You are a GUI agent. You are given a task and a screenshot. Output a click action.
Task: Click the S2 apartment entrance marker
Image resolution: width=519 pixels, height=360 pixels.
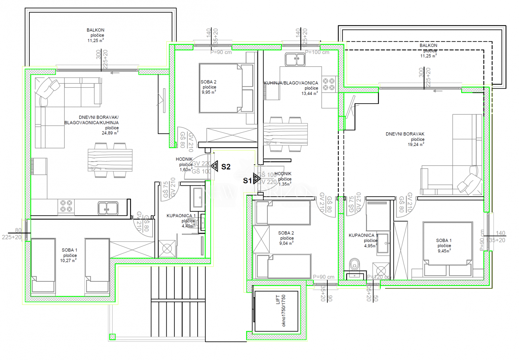tap(215, 166)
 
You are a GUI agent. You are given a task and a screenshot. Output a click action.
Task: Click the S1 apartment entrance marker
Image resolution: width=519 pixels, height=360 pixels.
tap(256, 179)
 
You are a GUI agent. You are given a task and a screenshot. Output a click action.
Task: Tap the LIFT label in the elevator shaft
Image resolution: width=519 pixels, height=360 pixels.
tap(278, 300)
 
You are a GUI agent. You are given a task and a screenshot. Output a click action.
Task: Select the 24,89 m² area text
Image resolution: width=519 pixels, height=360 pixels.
tap(110, 133)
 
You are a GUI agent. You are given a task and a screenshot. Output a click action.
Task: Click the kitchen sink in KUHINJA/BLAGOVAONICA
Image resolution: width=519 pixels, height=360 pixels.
tap(295, 60)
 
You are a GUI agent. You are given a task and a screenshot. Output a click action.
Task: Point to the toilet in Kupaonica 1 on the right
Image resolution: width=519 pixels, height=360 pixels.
tap(354, 264)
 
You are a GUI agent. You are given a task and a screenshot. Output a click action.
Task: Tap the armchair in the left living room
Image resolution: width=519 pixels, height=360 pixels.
tap(47, 88)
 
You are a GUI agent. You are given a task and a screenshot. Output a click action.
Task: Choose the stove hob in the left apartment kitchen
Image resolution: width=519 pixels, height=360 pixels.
tap(66, 206)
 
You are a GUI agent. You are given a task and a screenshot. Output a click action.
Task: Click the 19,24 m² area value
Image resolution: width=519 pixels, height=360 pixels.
tap(416, 145)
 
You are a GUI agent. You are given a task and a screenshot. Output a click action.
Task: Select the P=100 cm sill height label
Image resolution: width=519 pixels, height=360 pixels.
tap(317, 52)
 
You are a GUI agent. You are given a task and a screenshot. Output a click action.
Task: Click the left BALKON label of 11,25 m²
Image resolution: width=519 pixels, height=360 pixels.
tap(95, 30)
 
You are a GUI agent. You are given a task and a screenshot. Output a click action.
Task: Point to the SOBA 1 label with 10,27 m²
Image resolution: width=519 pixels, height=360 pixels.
tap(69, 250)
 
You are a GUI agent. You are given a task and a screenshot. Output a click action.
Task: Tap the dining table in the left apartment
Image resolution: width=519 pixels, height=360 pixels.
tap(110, 160)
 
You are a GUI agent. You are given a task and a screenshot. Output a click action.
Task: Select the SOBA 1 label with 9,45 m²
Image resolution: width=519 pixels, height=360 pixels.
tap(444, 240)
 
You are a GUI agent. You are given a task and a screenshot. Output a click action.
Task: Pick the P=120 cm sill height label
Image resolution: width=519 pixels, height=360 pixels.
tap(378, 277)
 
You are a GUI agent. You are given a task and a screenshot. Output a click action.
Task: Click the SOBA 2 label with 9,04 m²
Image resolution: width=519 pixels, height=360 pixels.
tap(286, 233)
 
